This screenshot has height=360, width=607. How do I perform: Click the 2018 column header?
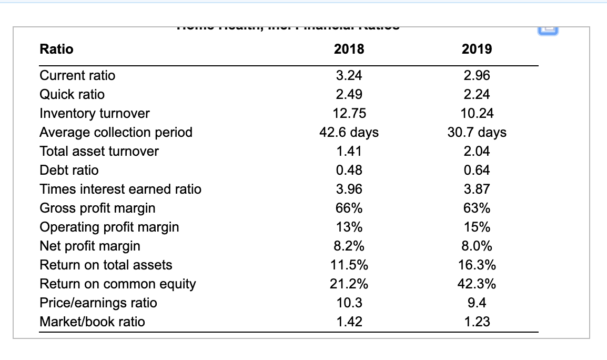[349, 49]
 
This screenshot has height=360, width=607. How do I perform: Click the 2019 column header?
[477, 49]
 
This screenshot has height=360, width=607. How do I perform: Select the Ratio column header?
[57, 49]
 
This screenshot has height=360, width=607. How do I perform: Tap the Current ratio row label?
[77, 75]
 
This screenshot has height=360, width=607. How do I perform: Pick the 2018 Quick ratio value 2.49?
[349, 94]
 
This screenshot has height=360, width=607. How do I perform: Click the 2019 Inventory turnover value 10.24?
[477, 113]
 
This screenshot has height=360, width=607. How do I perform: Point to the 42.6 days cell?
[349, 132]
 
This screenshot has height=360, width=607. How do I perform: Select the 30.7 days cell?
[477, 132]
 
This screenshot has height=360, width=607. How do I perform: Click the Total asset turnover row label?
[99, 151]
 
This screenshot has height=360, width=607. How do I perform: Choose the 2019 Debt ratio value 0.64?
[477, 170]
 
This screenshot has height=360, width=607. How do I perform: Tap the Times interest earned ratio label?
[120, 189]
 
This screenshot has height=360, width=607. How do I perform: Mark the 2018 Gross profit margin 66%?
[349, 208]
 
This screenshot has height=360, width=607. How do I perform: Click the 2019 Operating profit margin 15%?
[477, 227]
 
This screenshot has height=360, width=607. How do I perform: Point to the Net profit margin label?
[90, 246]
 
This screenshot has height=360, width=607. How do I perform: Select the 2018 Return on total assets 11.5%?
[349, 265]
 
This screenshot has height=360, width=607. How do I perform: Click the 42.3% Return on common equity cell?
[477, 284]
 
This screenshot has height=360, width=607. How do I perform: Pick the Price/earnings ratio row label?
[98, 303]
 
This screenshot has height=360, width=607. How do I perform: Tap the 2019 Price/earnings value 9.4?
[477, 303]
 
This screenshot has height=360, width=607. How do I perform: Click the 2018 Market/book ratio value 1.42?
[349, 322]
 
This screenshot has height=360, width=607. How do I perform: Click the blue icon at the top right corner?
[598, 31]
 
